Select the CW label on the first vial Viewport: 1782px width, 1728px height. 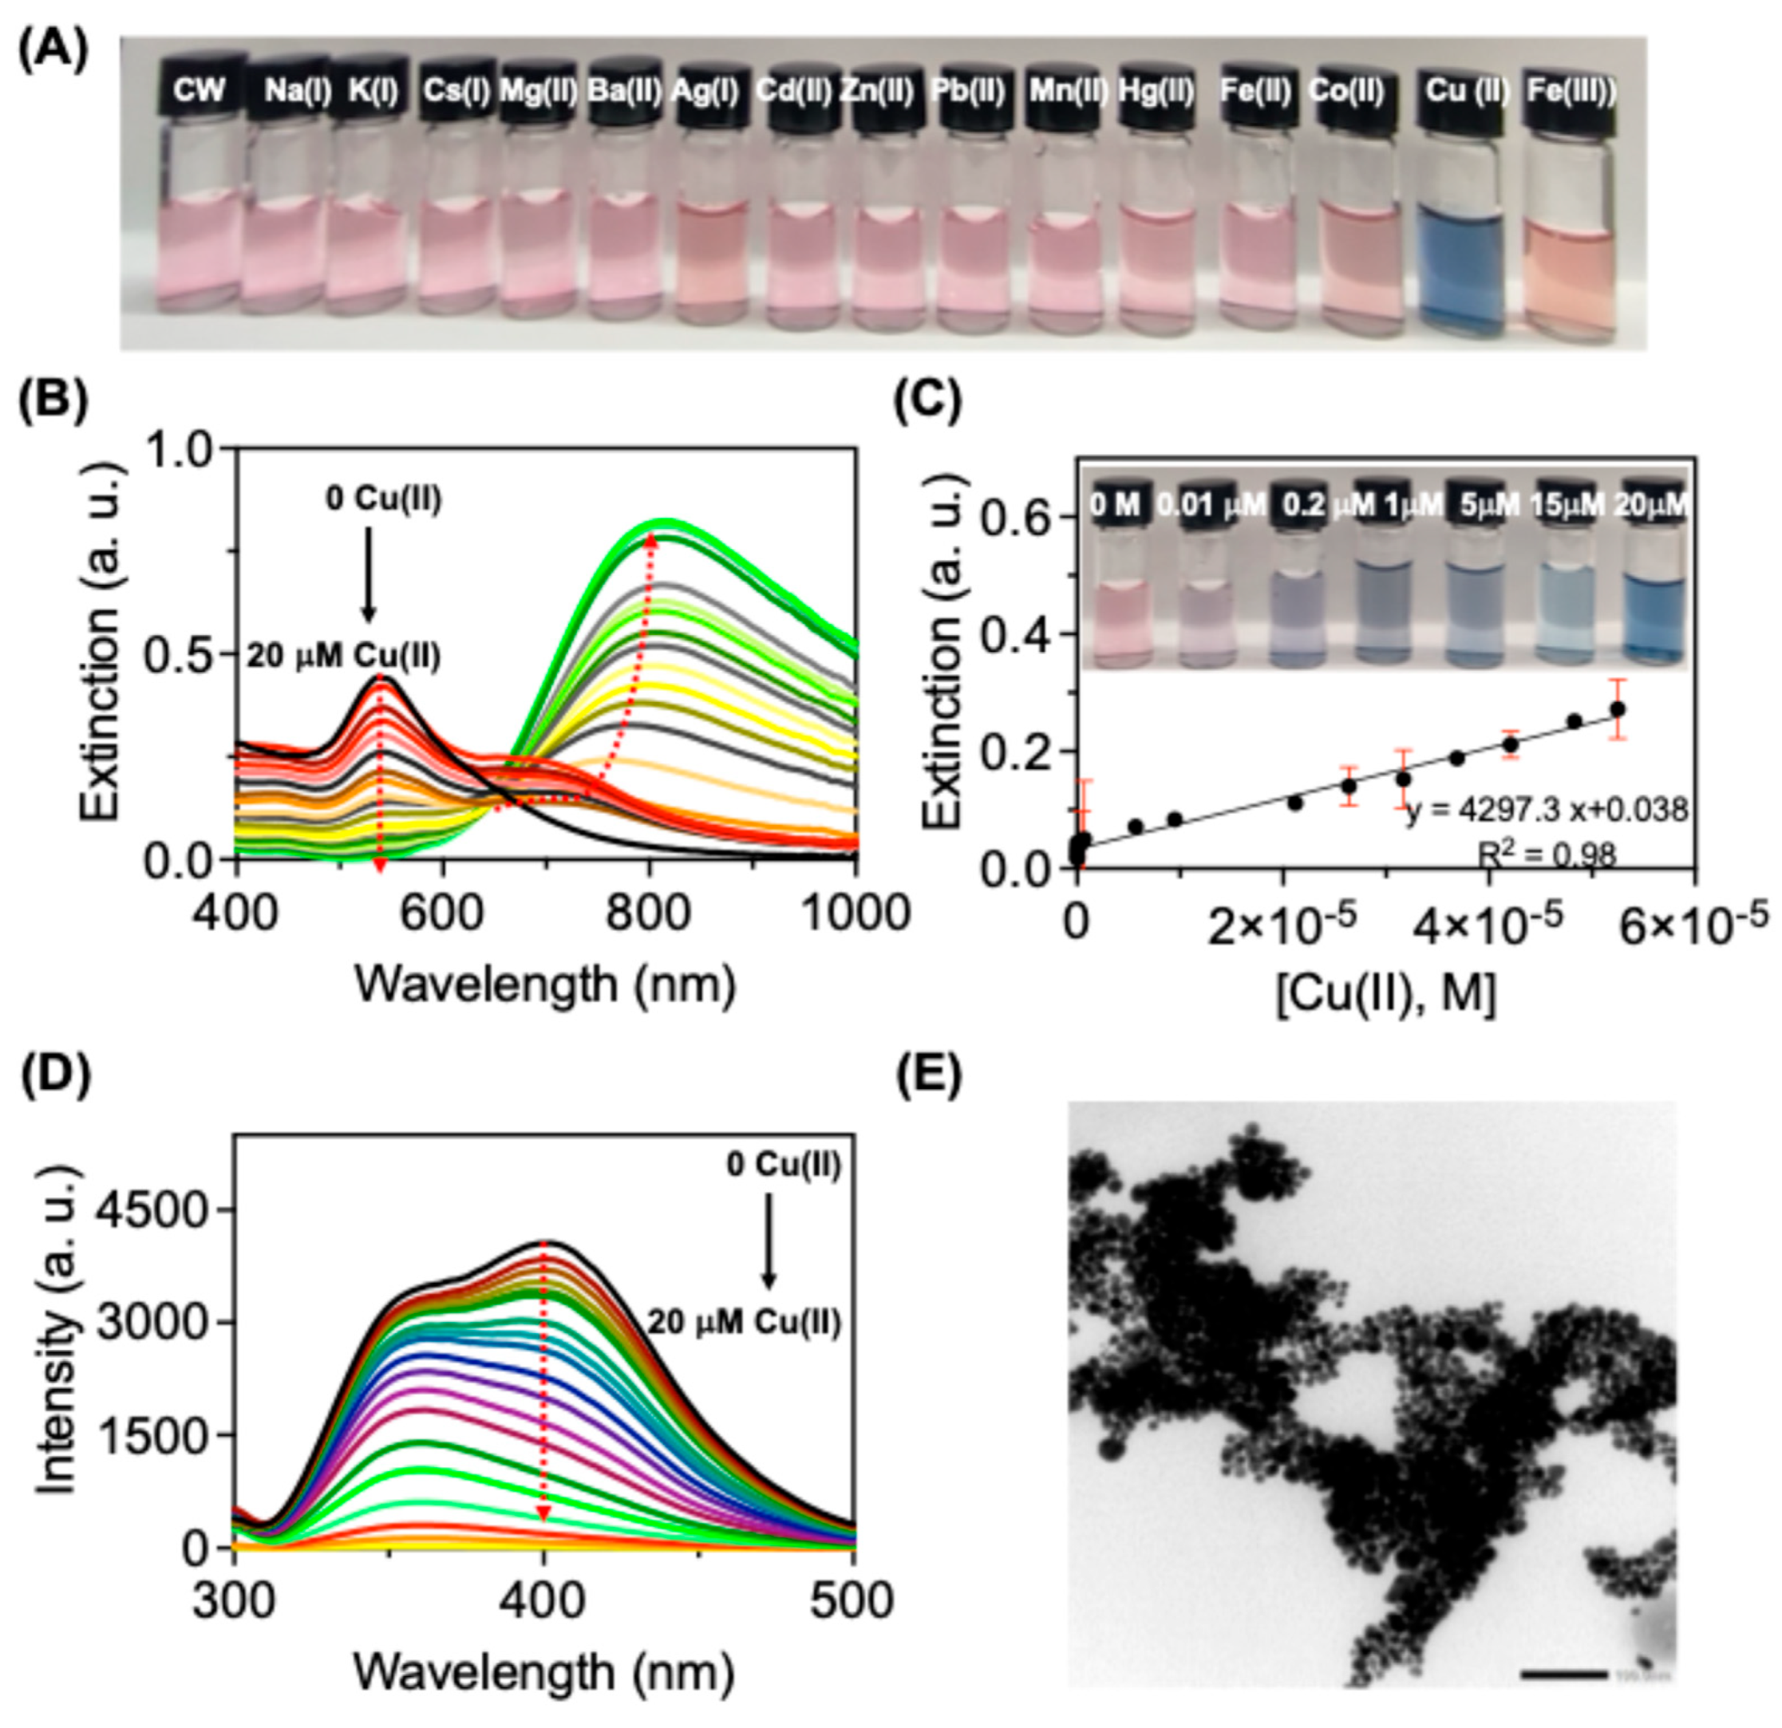[200, 91]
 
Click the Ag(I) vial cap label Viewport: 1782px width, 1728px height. [705, 91]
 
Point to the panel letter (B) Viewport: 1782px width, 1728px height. [53, 400]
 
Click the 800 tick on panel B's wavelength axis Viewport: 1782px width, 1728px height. [649, 911]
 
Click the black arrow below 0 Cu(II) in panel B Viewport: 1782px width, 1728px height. [368, 573]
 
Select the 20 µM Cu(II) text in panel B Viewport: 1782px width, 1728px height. [344, 657]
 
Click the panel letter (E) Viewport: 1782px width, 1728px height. [927, 1076]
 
